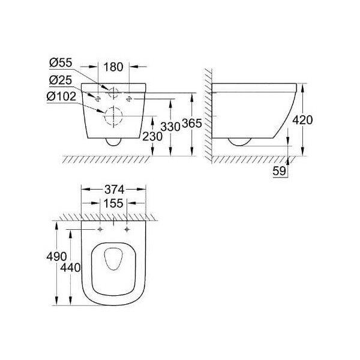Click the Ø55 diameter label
tap(61, 62)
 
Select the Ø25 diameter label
tap(61, 80)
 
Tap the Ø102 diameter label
tap(61, 97)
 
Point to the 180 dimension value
tap(113, 67)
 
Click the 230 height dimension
tap(152, 137)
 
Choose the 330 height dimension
tap(170, 127)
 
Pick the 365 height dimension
tap(192, 123)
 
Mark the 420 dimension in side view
tap(302, 120)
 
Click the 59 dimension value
tap(280, 171)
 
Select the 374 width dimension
tap(115, 190)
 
